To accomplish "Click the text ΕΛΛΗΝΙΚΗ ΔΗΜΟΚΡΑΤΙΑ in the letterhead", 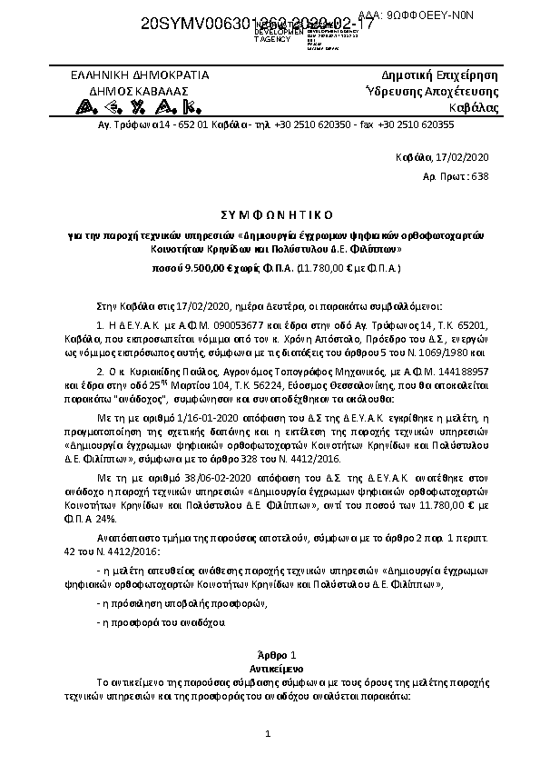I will click(x=140, y=75).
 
